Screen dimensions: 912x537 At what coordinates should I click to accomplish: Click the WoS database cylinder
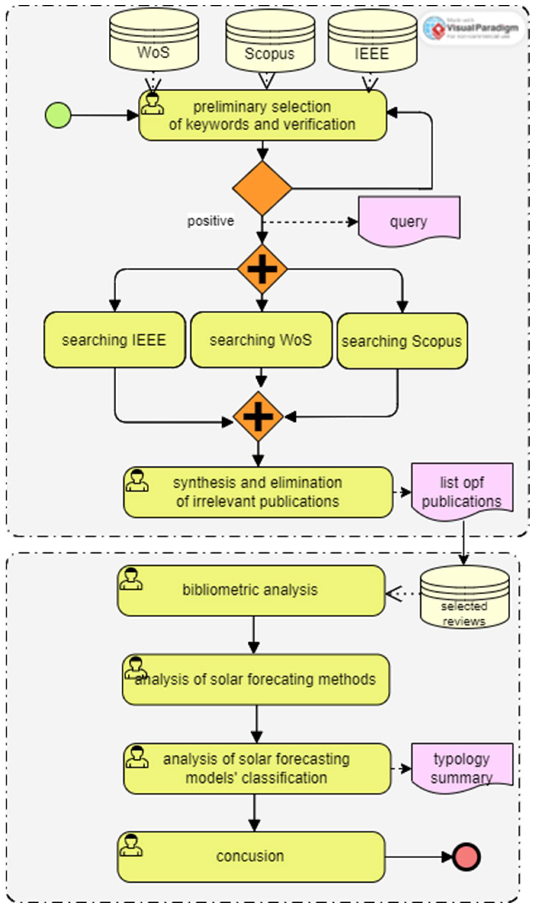(154, 40)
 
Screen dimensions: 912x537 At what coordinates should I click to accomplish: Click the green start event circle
(58, 115)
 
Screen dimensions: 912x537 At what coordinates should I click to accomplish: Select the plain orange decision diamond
(262, 188)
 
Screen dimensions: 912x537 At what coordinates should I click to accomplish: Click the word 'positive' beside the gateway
(210, 221)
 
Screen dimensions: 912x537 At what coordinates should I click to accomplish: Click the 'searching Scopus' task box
(402, 341)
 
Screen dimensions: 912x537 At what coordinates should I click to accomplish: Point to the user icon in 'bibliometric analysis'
(131, 579)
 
